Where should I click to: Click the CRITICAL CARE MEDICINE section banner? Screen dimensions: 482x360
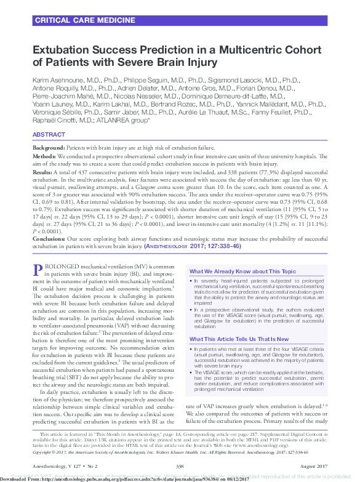(x=76, y=20)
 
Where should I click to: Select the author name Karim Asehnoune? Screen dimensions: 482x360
(x=61, y=81)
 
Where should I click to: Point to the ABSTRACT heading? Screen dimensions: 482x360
(x=49, y=134)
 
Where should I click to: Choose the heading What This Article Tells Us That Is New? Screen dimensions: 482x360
(x=239, y=339)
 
